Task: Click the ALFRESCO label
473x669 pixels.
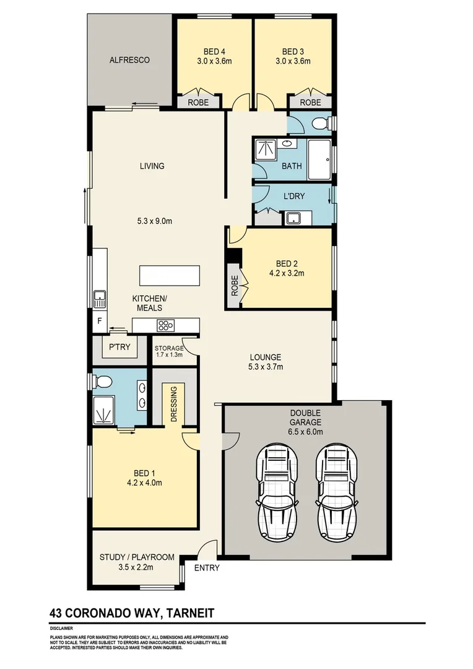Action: coord(130,60)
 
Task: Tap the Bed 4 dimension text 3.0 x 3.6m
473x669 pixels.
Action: coord(214,61)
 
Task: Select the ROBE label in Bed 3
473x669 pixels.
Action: coord(310,103)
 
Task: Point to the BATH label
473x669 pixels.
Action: coord(292,166)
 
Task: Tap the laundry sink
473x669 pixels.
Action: coord(292,219)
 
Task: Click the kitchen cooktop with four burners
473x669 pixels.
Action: coord(167,325)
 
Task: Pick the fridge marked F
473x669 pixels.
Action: coord(98,321)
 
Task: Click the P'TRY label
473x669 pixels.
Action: coord(119,347)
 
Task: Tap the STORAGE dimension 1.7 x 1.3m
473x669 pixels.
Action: coord(168,355)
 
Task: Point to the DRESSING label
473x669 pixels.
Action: coord(174,404)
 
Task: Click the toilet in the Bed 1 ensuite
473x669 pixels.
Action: coord(102,380)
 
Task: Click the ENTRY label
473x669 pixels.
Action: coord(207,568)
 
